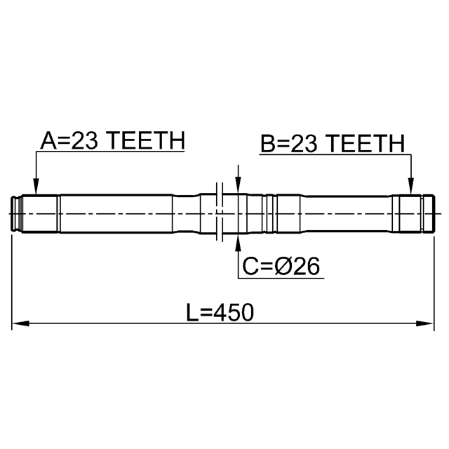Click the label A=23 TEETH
point(112,141)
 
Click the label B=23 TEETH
point(333,144)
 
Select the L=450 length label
point(220,312)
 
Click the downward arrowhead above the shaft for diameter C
point(238,186)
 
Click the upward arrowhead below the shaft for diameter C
point(238,242)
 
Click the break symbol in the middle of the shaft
point(220,214)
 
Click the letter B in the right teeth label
point(267,144)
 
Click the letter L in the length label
point(192,312)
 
